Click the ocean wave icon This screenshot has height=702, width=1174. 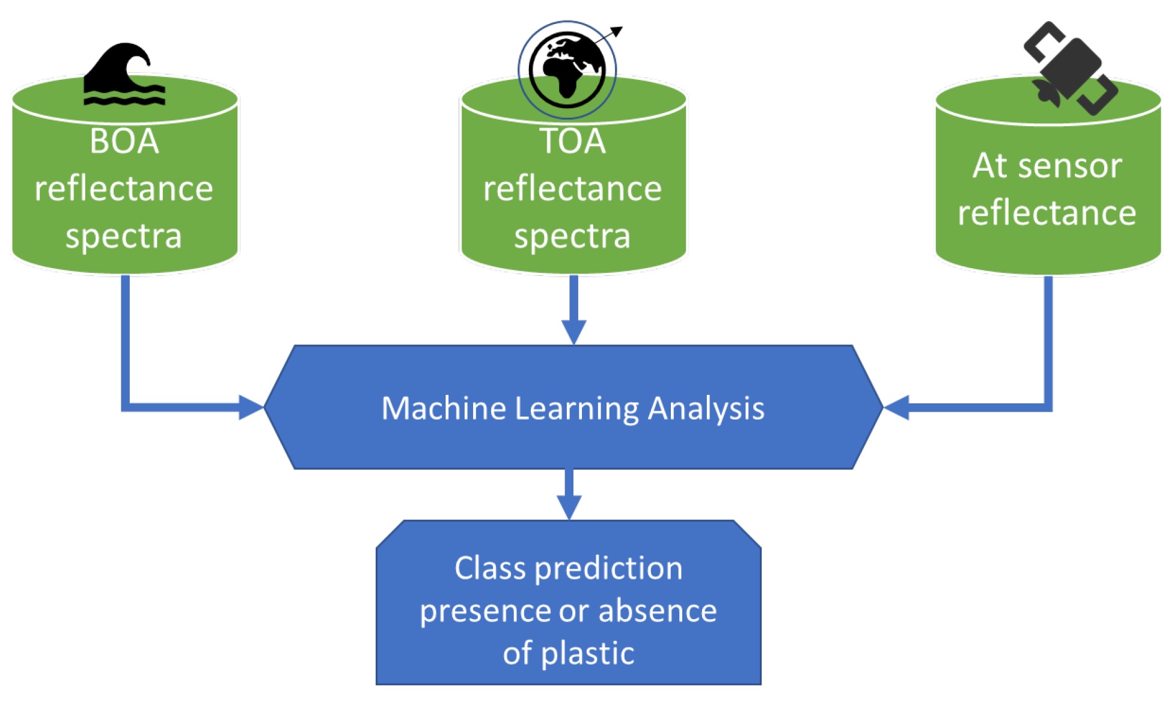coord(124,75)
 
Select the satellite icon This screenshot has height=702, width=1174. coord(1071,68)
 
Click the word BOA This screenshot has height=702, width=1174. coord(124,142)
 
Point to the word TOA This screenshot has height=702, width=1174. coord(572,142)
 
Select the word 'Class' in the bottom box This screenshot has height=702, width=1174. coord(490,568)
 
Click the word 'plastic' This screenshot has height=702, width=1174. coord(587,654)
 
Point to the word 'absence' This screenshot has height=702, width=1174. coord(658,611)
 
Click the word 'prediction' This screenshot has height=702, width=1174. coord(608,569)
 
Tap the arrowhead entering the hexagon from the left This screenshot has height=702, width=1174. coord(251,407)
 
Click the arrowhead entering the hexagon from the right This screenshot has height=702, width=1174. coord(896,407)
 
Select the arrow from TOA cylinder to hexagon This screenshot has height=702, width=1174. coord(574,310)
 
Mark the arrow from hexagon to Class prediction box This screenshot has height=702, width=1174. coord(569,494)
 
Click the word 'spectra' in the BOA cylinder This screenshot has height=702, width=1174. coord(124,237)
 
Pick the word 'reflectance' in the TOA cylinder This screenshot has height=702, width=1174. coord(572,189)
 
